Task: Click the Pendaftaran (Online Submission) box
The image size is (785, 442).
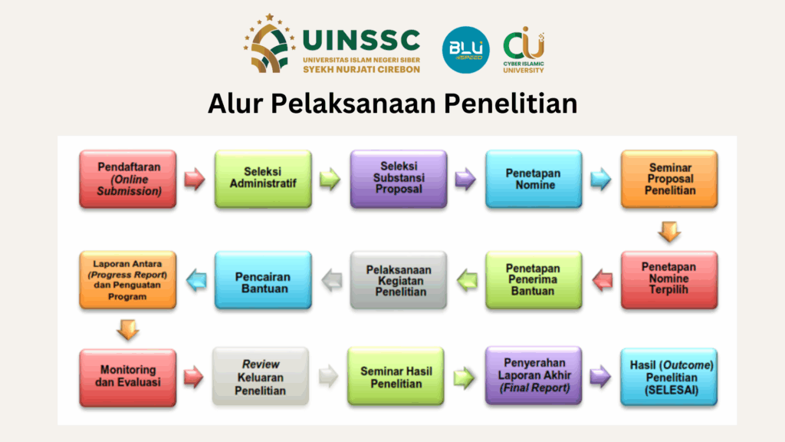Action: tap(128, 179)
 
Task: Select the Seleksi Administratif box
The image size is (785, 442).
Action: tap(263, 179)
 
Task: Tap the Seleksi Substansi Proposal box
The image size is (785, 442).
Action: tap(399, 179)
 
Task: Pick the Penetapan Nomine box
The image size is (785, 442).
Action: tap(534, 179)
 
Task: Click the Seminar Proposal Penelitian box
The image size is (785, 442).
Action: tap(669, 179)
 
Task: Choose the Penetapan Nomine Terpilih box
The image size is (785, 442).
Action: tap(669, 279)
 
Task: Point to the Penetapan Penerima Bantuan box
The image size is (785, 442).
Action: tap(534, 279)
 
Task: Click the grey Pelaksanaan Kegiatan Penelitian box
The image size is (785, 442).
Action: tap(399, 279)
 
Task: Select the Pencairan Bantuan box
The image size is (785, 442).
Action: tap(263, 279)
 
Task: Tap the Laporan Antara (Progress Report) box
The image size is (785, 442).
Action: tap(128, 279)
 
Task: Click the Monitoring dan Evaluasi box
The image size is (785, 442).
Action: tap(128, 378)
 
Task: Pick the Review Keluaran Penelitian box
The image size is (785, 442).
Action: tap(261, 376)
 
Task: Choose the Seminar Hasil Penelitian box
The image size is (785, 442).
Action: tap(396, 376)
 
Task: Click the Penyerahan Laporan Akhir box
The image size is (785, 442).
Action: tap(534, 375)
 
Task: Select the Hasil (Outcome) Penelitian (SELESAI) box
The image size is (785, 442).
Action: tap(668, 377)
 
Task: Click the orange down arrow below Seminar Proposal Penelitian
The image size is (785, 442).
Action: tap(669, 232)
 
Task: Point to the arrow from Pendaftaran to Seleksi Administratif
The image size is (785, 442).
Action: tap(194, 179)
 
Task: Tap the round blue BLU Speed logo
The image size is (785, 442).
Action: tap(465, 50)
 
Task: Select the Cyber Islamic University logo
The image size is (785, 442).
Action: tap(524, 50)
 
